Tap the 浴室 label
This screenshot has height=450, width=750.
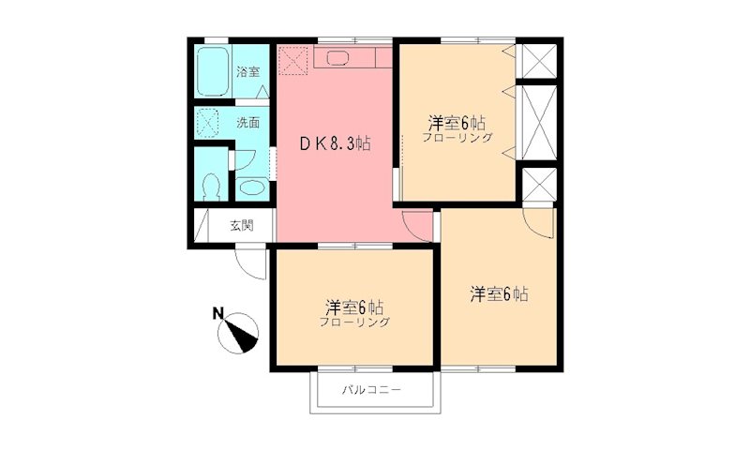pyautogui.click(x=247, y=72)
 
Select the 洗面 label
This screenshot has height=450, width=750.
pyautogui.click(x=247, y=122)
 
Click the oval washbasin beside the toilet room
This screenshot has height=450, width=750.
pyautogui.click(x=250, y=187)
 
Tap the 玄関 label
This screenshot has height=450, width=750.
pyautogui.click(x=241, y=225)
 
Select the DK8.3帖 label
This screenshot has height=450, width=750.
pyautogui.click(x=334, y=144)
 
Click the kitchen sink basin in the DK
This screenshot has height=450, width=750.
pyautogui.click(x=337, y=58)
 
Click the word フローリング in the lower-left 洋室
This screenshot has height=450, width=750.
pyautogui.click(x=354, y=322)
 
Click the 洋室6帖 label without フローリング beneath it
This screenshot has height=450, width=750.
pyautogui.click(x=499, y=294)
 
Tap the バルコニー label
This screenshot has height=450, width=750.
pyautogui.click(x=371, y=389)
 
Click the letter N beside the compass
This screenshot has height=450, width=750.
pyautogui.click(x=217, y=314)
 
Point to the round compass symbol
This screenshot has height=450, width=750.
pyautogui.click(x=243, y=333)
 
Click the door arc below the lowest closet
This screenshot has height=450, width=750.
pyautogui.click(x=540, y=222)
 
